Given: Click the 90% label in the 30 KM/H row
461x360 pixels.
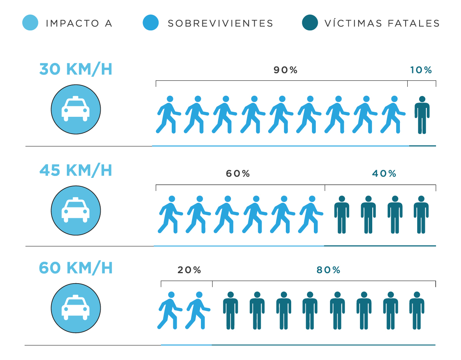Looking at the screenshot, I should coord(285,70).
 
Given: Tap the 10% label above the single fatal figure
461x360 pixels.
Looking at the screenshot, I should coord(421,70).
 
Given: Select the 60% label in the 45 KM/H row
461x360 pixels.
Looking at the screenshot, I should coord(238,174).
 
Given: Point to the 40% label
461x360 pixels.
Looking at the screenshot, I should coord(384,174).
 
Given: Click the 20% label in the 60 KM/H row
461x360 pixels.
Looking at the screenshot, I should coord(189,270).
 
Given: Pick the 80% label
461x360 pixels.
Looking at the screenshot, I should coord(328,270).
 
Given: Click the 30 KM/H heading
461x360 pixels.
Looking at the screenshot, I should coord(76,70).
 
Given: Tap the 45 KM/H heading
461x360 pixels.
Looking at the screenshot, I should coord(76,170).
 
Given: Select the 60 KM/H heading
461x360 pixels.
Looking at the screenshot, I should coord(76,268).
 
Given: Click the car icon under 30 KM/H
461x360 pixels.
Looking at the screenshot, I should coord(76,109).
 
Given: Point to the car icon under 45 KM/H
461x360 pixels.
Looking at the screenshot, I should coord(76,211).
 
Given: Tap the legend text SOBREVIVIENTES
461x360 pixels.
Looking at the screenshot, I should coord(220,23).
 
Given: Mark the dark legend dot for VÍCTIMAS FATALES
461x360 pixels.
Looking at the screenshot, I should coord(310,23).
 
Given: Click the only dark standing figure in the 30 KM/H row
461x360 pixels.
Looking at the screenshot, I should coord(422,115).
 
